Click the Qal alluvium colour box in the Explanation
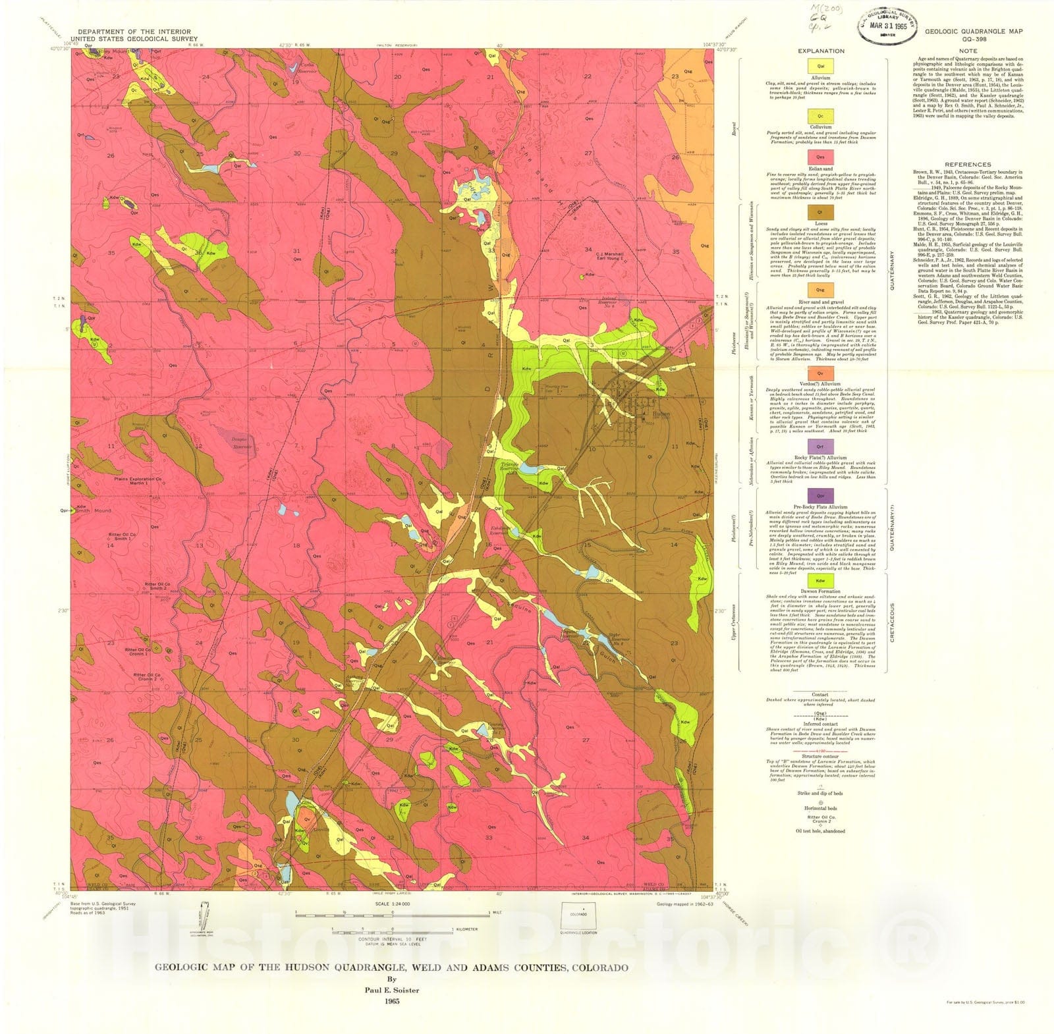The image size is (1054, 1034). pyautogui.click(x=821, y=66)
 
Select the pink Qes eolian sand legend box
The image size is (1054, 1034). pyautogui.click(x=821, y=157)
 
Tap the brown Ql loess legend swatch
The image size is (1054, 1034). pyautogui.click(x=821, y=212)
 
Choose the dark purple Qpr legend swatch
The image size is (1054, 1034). pyautogui.click(x=821, y=495)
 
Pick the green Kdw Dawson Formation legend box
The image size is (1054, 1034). pyautogui.click(x=821, y=580)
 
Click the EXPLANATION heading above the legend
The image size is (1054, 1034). pyautogui.click(x=821, y=51)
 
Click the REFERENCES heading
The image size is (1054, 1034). pyautogui.click(x=967, y=165)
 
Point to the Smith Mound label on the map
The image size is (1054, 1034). pyautogui.click(x=94, y=510)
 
